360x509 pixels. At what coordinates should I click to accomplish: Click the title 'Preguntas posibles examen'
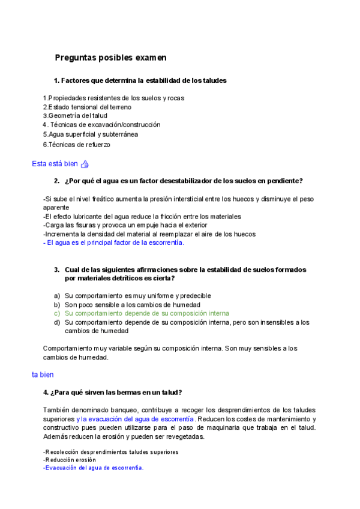[x=110, y=58]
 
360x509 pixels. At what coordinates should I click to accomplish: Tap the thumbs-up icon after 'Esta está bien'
[x=85, y=164]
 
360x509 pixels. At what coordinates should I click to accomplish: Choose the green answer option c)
[x=146, y=313]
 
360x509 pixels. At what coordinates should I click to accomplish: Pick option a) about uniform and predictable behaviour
[x=137, y=296]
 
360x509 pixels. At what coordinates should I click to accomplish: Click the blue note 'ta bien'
[x=43, y=375]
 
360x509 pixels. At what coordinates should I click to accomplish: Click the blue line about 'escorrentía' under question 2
[x=113, y=243]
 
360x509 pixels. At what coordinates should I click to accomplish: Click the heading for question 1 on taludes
[x=140, y=80]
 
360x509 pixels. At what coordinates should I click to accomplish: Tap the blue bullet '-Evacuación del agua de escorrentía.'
[x=94, y=468]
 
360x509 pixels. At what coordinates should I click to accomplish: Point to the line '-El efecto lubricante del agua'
[x=142, y=216]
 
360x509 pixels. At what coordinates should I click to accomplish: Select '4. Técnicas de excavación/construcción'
[x=101, y=125]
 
